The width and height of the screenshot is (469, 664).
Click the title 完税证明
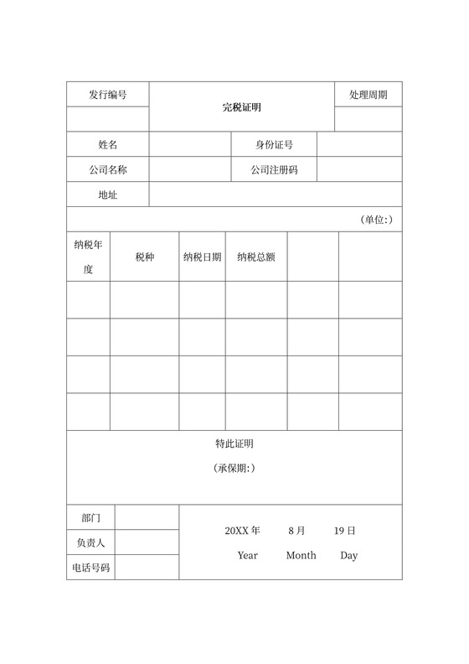[x=242, y=107]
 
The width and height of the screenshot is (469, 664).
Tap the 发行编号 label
[x=108, y=95]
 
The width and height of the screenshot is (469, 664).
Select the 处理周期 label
[x=368, y=95]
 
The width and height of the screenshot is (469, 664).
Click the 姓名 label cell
[x=108, y=145]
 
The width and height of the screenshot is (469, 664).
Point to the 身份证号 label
[x=274, y=145]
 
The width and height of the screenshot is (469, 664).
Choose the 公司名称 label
[x=108, y=170]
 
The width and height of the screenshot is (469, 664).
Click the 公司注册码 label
[x=274, y=170]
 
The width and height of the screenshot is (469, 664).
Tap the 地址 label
[x=108, y=195]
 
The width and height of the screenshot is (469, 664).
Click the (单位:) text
[x=376, y=220]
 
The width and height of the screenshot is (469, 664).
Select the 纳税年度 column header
[x=88, y=257]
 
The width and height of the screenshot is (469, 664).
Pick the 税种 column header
[x=145, y=257]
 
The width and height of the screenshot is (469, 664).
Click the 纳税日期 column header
[x=202, y=257]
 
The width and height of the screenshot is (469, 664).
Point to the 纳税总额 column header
[x=256, y=257]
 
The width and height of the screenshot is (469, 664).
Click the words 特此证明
[x=234, y=444]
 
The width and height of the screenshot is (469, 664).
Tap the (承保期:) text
[x=234, y=468]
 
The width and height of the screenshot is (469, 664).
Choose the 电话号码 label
[x=91, y=568]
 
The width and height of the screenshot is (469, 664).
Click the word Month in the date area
[x=301, y=555]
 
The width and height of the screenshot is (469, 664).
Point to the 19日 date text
[x=344, y=531]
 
